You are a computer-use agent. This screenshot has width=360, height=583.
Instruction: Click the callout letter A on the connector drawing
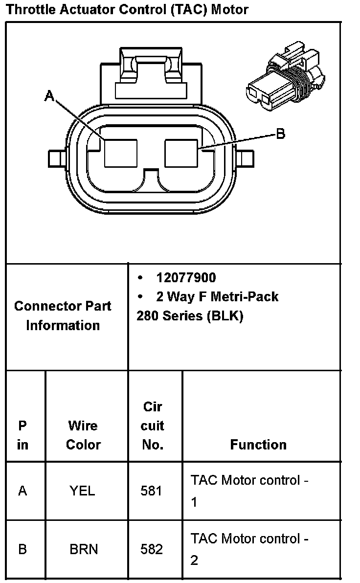(49, 96)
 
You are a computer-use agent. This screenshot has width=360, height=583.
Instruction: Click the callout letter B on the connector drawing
(280, 134)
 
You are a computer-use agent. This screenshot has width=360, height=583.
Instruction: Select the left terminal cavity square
(120, 153)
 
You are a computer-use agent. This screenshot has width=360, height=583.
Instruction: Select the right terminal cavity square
(181, 153)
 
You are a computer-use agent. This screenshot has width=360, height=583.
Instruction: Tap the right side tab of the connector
(245, 159)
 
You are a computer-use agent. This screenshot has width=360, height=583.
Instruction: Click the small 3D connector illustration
(286, 77)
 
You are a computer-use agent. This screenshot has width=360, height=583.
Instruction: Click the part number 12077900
(186, 277)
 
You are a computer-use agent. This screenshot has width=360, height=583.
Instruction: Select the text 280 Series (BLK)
(190, 315)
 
